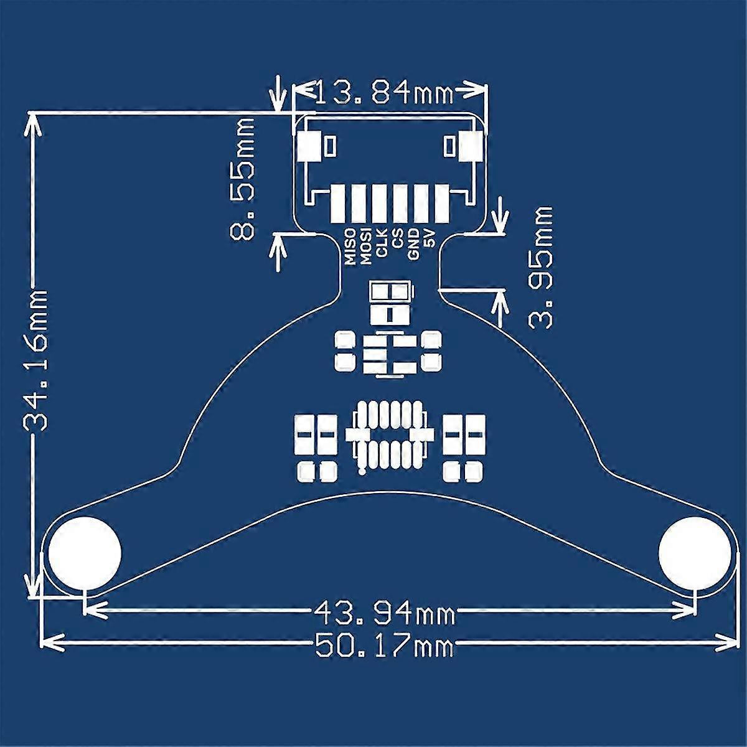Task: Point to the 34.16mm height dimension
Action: (x=36, y=360)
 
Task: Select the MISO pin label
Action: (x=350, y=247)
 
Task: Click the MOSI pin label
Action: (x=366, y=247)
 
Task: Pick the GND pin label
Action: (x=413, y=244)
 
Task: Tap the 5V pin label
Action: (x=428, y=238)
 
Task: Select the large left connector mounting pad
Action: (x=309, y=147)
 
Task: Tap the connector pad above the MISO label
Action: (x=340, y=203)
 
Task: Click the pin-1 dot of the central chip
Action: (x=362, y=472)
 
